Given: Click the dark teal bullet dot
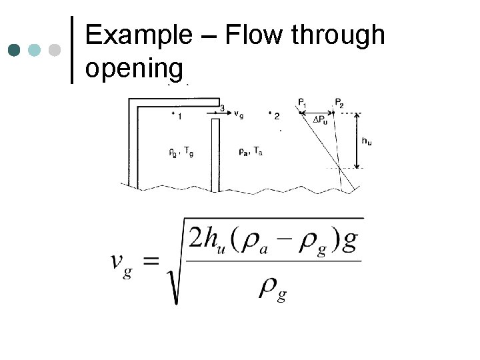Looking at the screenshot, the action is [x=14, y=50].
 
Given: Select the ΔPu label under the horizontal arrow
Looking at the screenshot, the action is [x=321, y=120].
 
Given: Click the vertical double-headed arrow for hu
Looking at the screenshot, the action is [x=357, y=140].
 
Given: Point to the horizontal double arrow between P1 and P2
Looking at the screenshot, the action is [x=321, y=112].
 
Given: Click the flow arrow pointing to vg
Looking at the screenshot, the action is [x=220, y=114].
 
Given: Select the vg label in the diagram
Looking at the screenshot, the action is [x=239, y=115].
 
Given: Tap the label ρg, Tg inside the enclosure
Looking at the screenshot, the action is [x=182, y=151].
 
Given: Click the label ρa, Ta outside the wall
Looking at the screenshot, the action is [x=250, y=151].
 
